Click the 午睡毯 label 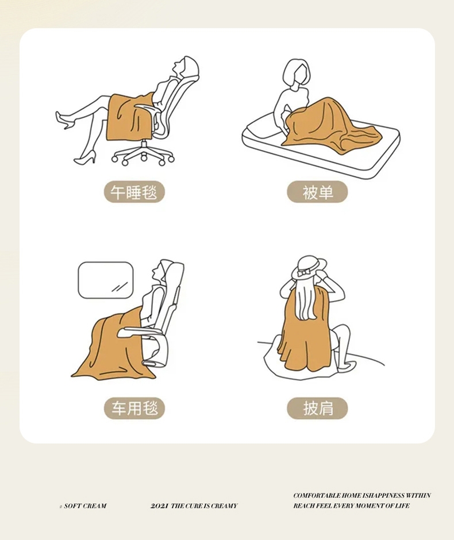pyautogui.click(x=134, y=192)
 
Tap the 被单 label pyautogui.click(x=317, y=192)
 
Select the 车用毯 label pyautogui.click(x=134, y=408)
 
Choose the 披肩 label pyautogui.click(x=317, y=408)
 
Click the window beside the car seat pyautogui.click(x=105, y=280)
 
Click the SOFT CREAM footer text pyautogui.click(x=85, y=506)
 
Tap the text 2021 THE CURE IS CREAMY pyautogui.click(x=194, y=506)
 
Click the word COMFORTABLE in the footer pyautogui.click(x=317, y=496)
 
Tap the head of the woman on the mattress pyautogui.click(x=297, y=73)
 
